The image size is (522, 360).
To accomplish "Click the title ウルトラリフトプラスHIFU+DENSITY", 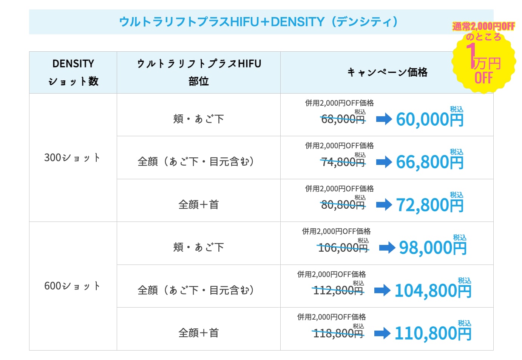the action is [258, 22].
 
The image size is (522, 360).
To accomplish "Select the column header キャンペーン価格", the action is [387, 72].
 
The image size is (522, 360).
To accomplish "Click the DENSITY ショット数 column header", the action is [73, 72].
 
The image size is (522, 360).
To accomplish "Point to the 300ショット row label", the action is [72, 158].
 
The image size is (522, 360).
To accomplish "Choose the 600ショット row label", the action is [72, 286].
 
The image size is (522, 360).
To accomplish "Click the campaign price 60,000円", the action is [430, 119].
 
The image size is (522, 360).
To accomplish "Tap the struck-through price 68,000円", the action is [343, 120].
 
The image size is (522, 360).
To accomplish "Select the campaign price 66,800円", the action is [430, 162].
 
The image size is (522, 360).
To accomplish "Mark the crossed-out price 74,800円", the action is [343, 162].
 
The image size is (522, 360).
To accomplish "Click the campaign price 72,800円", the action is [430, 205].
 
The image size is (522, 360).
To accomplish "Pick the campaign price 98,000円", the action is [433, 248].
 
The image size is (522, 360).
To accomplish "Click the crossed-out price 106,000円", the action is [343, 248].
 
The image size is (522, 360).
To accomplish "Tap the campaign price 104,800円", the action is [433, 290].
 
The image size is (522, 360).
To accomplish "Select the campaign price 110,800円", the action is [433, 333].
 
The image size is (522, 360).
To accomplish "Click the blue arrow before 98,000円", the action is [387, 248].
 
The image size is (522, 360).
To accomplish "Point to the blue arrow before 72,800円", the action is [384, 205].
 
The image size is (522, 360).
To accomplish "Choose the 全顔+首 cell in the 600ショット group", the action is [199, 333].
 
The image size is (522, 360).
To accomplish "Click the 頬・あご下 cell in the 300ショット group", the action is [199, 119].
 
